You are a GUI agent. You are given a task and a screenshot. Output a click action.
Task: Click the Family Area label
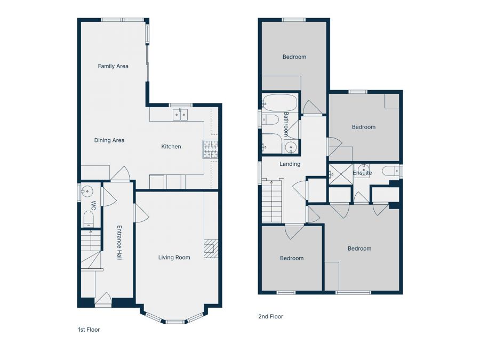(113, 66)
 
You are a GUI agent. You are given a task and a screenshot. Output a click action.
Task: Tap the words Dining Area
(109, 140)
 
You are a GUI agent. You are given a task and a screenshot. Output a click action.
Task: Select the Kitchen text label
(171, 147)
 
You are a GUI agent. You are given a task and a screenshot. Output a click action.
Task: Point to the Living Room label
(174, 258)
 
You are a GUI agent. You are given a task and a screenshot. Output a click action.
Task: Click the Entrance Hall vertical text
(119, 243)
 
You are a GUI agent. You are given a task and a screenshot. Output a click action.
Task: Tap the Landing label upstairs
(290, 164)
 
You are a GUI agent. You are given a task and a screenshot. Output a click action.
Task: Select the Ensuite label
(362, 173)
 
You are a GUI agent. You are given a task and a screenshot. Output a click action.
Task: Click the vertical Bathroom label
(286, 124)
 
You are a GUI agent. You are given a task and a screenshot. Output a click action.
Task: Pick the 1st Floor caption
(89, 330)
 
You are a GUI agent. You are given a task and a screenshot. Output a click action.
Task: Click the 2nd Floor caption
(270, 316)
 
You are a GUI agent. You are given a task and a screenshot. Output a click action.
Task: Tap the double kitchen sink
(180, 114)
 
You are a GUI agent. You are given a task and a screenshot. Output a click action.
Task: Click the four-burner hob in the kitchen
(210, 149)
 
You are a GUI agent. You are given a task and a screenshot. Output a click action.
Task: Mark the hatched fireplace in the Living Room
(211, 249)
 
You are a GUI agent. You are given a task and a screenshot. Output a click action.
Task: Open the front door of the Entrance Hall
(103, 300)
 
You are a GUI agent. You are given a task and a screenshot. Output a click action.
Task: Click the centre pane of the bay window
(174, 322)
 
